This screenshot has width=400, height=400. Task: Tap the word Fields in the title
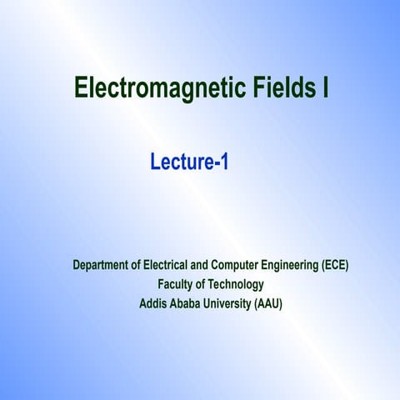point(282,88)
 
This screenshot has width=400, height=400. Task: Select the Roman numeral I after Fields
point(324,88)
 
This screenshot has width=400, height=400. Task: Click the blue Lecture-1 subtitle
point(189,162)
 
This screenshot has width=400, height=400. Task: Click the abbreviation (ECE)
point(335,266)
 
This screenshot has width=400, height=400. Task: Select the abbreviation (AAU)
point(267,304)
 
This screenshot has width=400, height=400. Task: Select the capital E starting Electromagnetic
point(81,88)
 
